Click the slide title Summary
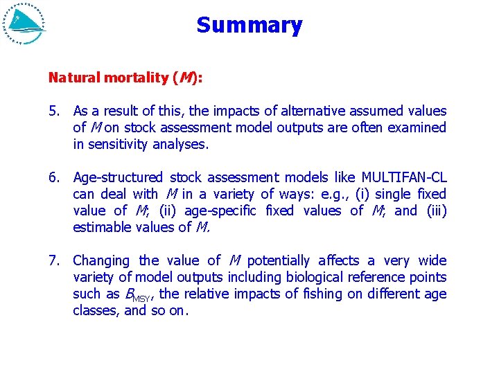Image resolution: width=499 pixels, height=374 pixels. (249, 26)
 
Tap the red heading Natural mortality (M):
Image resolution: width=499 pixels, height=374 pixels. (125, 78)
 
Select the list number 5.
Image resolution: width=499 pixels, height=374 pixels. (54, 111)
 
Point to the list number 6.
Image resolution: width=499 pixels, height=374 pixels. (54, 177)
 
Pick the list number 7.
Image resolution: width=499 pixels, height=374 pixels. (54, 260)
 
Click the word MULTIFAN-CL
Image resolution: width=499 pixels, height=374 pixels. (404, 177)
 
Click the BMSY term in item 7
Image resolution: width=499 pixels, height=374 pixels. (139, 295)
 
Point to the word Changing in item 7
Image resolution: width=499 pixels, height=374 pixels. (101, 260)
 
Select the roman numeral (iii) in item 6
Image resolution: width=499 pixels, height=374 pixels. (436, 211)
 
